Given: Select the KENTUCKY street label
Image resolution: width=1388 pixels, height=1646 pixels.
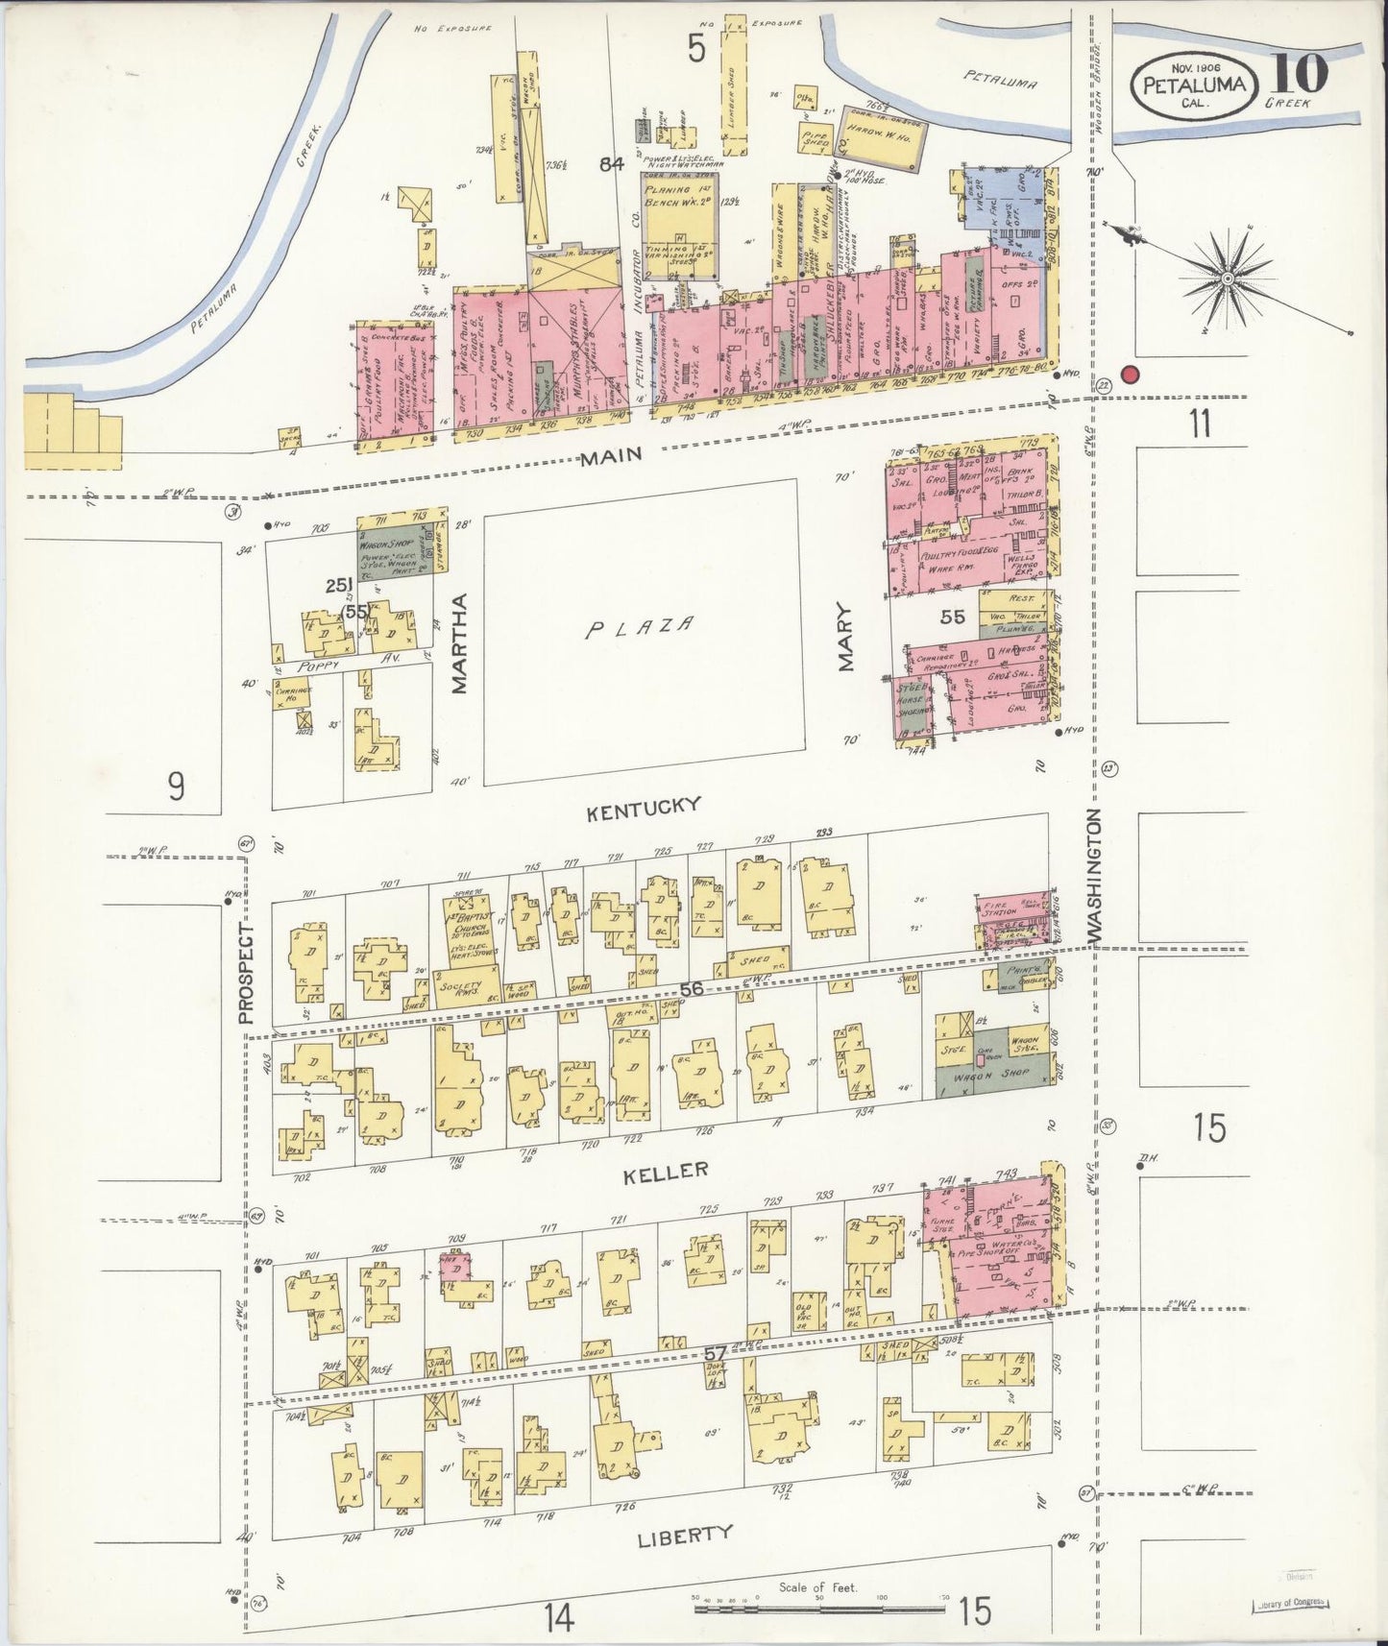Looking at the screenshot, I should coord(644,808).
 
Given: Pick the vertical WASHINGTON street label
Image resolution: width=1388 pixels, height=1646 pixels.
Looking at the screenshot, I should coord(1093,877).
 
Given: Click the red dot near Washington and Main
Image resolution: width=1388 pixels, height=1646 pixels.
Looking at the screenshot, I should coord(1130,375).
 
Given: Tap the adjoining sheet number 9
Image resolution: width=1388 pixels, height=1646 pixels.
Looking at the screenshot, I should coord(175,787).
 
